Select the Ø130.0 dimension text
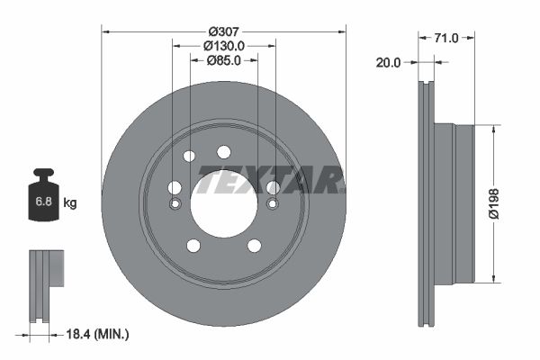tap(223, 45)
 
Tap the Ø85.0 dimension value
tap(223, 61)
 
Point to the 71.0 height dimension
tap(446, 38)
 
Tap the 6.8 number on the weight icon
tap(42, 202)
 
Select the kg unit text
tap(70, 202)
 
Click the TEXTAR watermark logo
tap(270, 181)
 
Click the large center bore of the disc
tap(223, 203)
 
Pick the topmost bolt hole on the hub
tap(223, 152)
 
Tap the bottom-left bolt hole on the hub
tap(193, 246)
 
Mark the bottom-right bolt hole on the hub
tap(254, 246)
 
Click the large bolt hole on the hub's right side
tap(273, 187)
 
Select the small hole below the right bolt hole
tap(272, 203)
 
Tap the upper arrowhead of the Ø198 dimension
tap(493, 130)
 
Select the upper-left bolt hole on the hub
tap(189, 157)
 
